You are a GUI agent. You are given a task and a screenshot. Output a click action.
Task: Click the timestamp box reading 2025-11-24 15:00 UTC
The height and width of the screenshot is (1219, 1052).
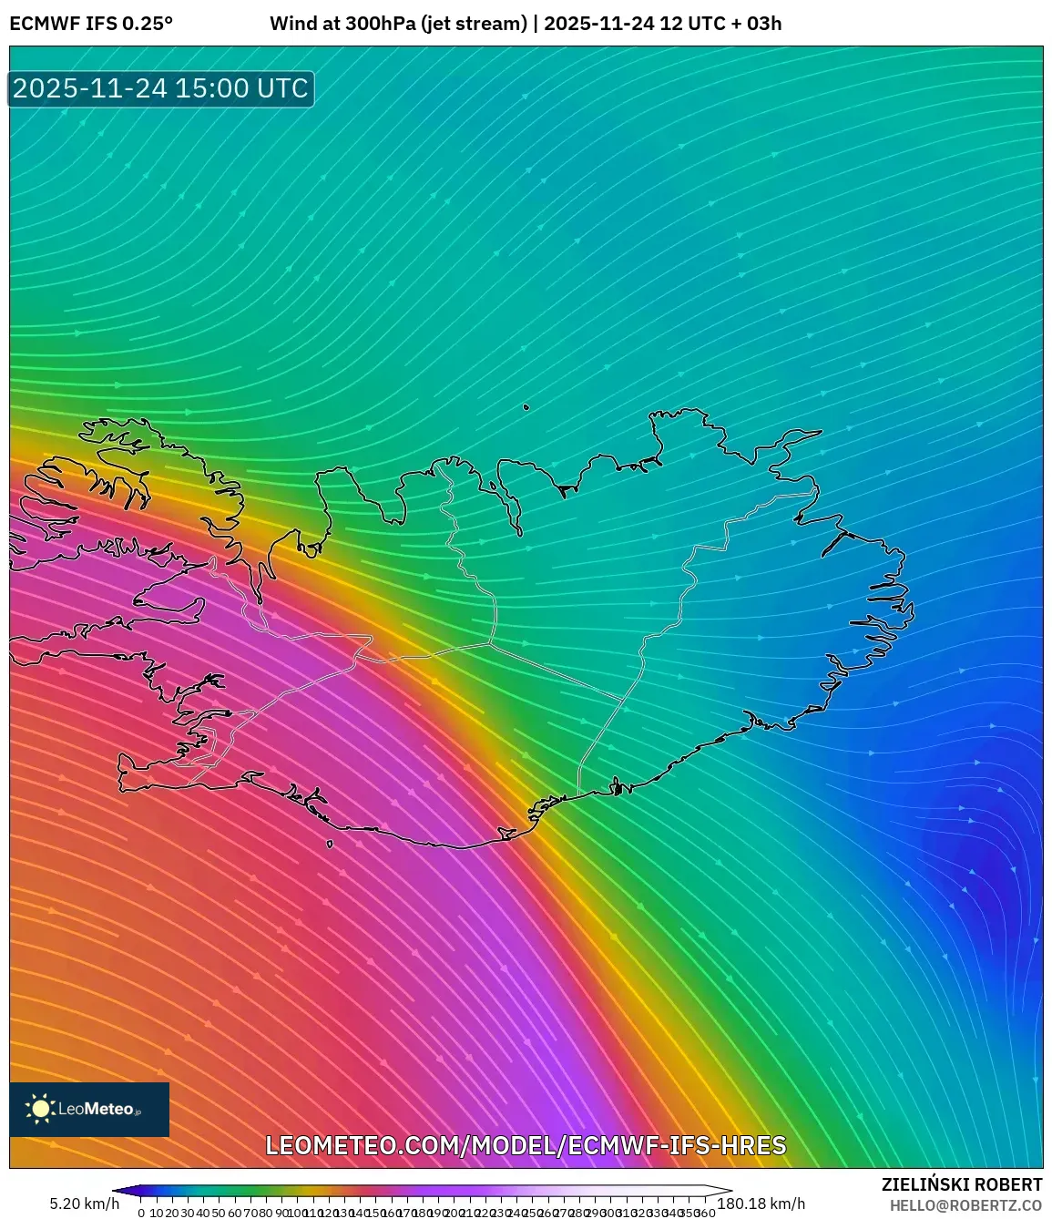(x=161, y=88)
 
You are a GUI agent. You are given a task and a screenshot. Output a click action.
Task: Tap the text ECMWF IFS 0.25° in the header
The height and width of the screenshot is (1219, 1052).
(x=91, y=24)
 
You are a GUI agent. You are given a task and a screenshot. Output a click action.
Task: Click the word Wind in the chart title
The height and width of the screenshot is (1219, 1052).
(x=292, y=24)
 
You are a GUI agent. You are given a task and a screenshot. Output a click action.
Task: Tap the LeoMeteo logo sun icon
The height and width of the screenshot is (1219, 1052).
(x=40, y=1109)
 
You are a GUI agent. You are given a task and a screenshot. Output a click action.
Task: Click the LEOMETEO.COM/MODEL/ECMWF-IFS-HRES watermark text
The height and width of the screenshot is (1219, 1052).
(x=526, y=1145)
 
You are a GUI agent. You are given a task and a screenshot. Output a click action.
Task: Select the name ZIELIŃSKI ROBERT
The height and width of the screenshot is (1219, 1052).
(x=961, y=1184)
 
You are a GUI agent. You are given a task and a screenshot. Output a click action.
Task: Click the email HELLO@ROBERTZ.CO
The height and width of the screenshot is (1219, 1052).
(x=965, y=1205)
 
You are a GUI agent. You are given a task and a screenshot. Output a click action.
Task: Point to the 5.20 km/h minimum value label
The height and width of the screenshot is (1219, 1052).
(x=84, y=1204)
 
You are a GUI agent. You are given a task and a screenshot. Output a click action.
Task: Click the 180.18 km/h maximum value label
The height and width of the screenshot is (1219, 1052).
(x=761, y=1204)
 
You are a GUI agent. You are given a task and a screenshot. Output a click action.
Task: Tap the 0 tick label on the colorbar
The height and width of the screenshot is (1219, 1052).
(x=141, y=1213)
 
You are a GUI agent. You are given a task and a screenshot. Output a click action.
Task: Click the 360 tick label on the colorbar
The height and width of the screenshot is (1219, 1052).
(x=705, y=1213)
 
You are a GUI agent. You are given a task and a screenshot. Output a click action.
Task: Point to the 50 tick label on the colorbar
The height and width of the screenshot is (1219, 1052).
(x=219, y=1213)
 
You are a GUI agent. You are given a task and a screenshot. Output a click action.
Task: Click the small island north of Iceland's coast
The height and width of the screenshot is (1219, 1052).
(x=526, y=407)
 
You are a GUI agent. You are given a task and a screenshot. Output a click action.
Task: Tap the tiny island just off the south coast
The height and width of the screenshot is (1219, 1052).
(x=330, y=844)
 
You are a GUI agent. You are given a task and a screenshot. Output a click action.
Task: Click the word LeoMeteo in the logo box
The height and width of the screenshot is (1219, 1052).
(x=96, y=1109)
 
